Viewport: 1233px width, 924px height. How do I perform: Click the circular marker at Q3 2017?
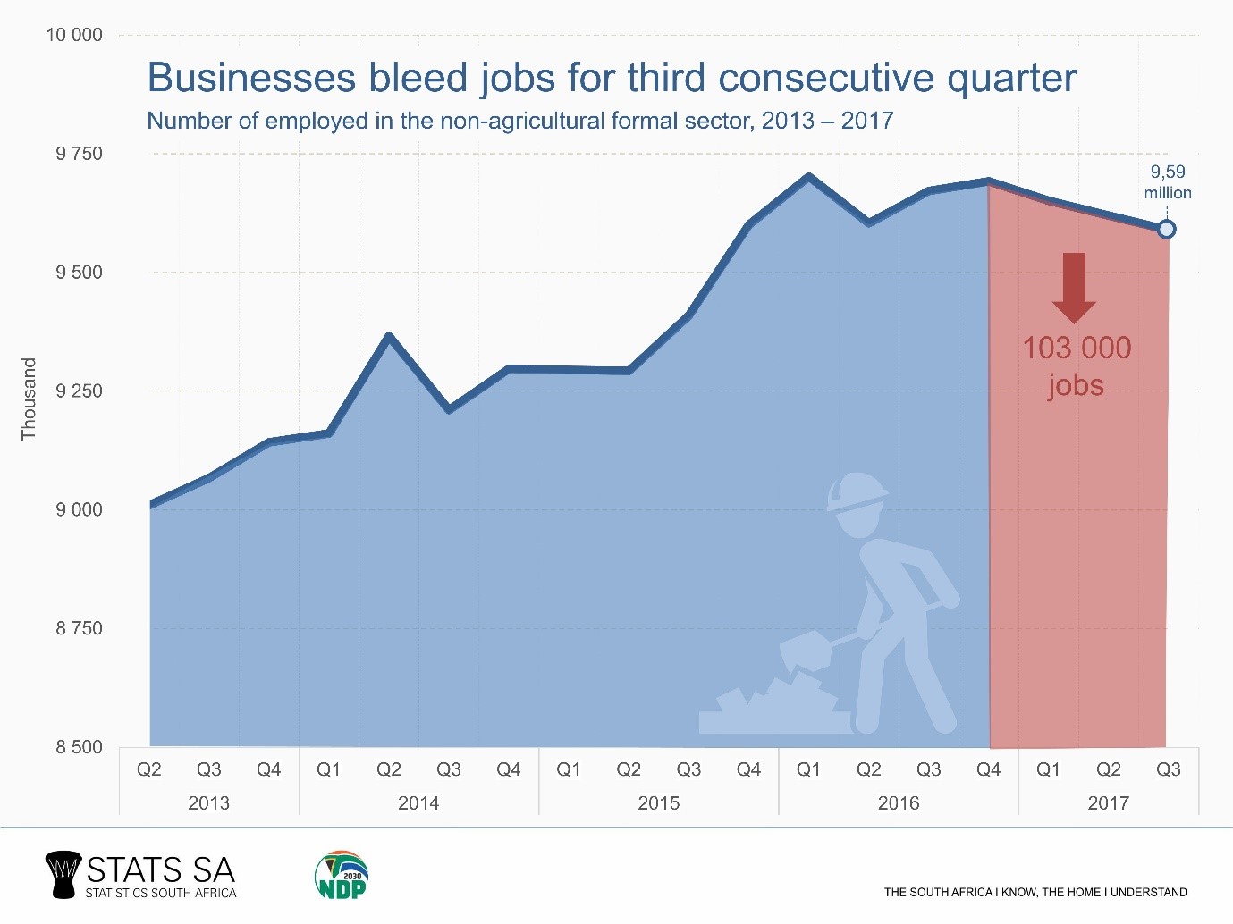(1166, 230)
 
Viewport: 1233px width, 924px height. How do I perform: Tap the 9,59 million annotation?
(1168, 182)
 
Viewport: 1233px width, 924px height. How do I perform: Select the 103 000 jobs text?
(1077, 365)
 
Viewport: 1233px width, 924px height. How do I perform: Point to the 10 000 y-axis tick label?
(74, 35)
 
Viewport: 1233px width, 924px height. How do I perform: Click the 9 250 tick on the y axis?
(79, 391)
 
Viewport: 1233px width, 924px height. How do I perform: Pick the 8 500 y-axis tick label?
(79, 747)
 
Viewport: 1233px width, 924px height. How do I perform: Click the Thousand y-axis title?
(29, 399)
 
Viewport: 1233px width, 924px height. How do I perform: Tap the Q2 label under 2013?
(148, 769)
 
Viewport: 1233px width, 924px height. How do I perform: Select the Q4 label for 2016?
(988, 769)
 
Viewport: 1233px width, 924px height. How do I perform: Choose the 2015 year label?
(658, 802)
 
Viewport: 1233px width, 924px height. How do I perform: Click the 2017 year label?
(1108, 802)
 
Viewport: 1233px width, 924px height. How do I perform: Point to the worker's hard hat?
(856, 492)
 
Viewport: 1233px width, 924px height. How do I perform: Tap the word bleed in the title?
(418, 78)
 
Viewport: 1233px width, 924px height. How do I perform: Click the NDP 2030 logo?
(342, 875)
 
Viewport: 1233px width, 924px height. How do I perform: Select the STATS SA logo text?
(161, 869)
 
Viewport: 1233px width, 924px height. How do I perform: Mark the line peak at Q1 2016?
(808, 176)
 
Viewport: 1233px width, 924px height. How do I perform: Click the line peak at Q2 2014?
(389, 336)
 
